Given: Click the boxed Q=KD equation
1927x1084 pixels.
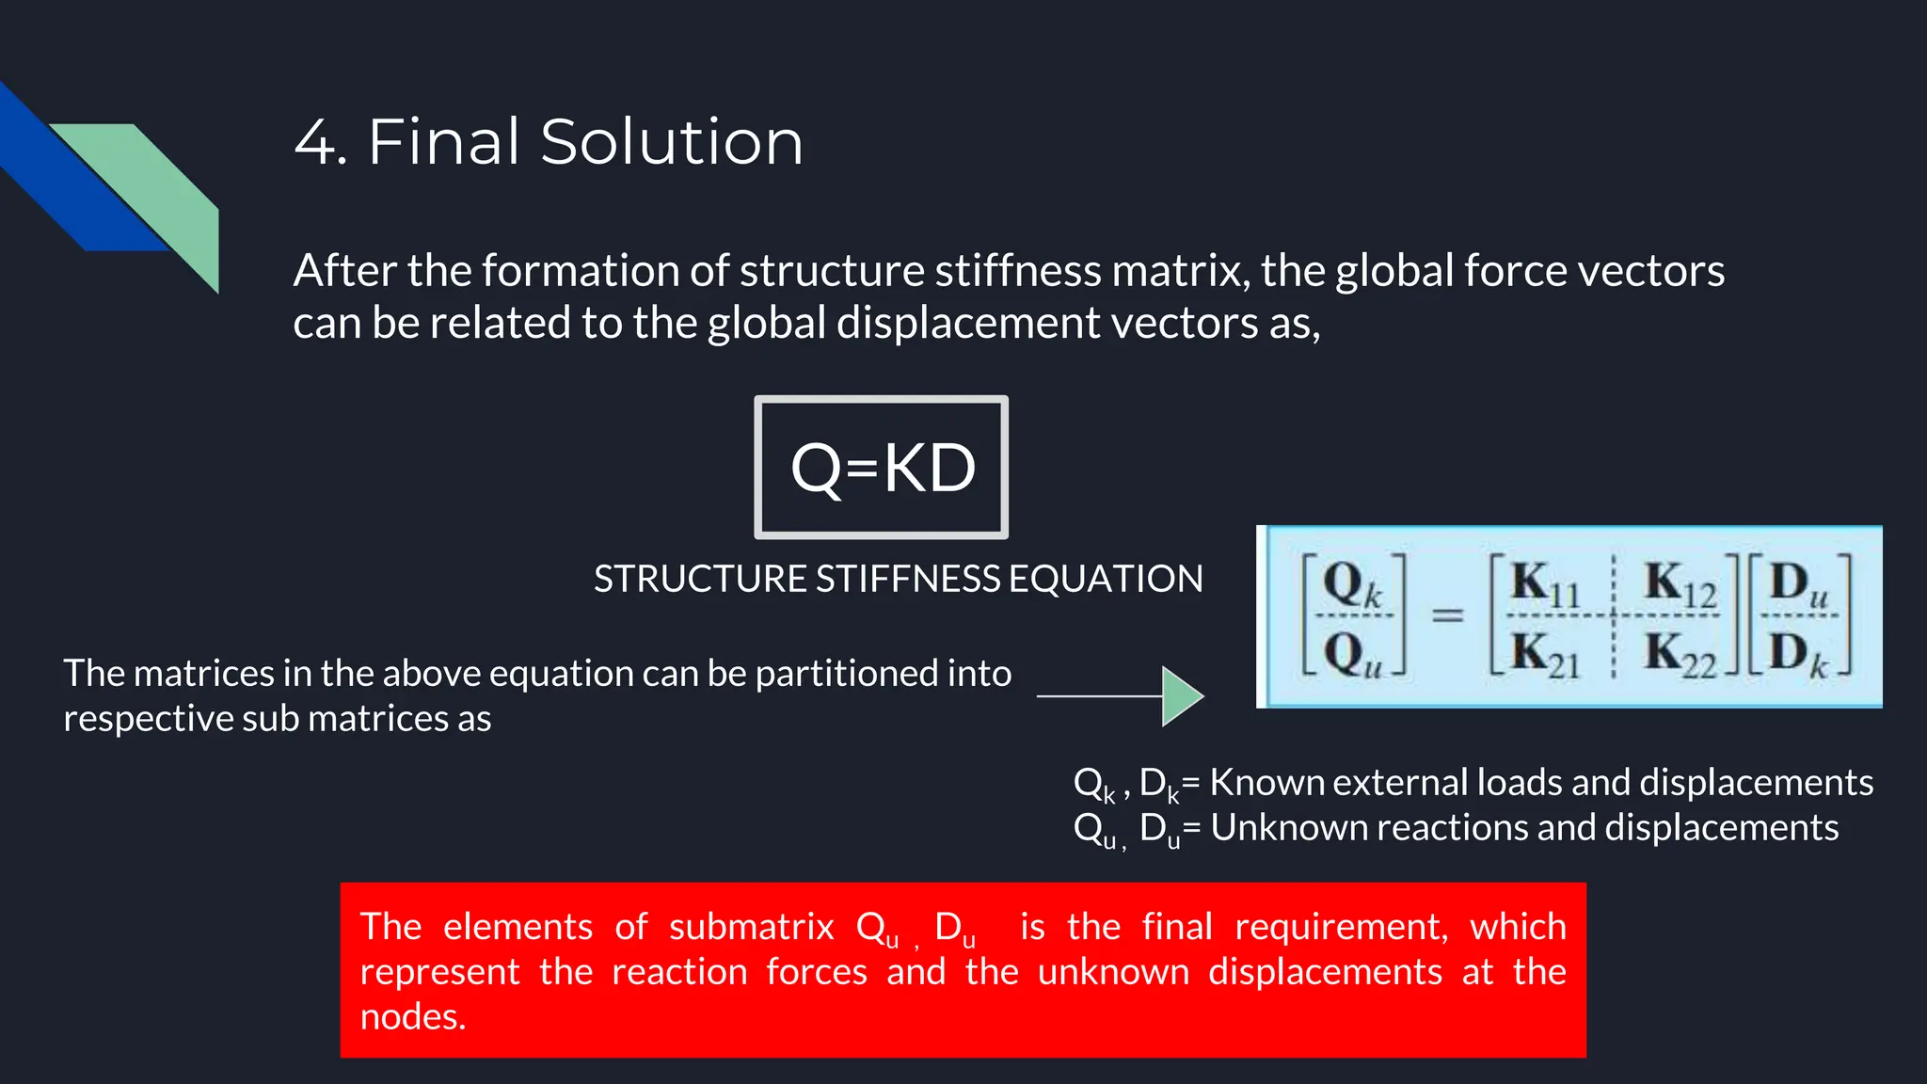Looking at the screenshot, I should coord(882,468).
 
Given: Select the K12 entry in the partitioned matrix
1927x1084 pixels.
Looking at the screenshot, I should coord(1680,584).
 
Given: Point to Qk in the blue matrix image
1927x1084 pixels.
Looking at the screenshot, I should coord(1352,585).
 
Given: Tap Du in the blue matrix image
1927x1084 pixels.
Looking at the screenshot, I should coord(1798,584).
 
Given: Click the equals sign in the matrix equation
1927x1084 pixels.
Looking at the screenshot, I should coord(1447,615).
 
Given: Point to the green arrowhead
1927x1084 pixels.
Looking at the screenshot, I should coord(1182,696).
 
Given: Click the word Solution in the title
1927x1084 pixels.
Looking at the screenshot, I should coord(672,143).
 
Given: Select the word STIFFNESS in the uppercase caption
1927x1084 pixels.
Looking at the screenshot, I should coord(908,579).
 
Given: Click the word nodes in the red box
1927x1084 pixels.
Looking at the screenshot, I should coord(412,1017).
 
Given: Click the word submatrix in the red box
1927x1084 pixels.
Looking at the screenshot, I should coord(751,927).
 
